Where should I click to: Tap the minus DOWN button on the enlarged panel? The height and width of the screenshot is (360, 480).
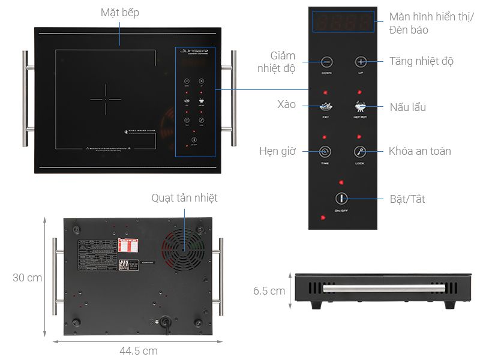tap(326, 61)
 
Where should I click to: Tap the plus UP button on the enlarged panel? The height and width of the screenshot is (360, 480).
tap(360, 61)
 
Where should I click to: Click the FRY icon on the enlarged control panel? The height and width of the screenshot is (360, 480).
tap(326, 107)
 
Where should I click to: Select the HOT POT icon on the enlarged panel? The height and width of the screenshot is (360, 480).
tap(360, 107)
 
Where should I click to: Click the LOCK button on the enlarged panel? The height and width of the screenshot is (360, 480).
tap(359, 152)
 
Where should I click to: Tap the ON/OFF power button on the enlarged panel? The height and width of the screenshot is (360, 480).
tap(341, 199)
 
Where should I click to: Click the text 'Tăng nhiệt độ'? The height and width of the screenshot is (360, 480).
tap(421, 61)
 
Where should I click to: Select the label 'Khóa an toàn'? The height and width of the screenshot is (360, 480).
tap(419, 151)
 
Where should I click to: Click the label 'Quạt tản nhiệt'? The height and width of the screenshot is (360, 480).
tap(184, 198)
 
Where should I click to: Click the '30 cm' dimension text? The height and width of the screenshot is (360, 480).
tap(28, 278)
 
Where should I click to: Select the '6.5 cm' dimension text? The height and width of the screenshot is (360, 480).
tap(269, 291)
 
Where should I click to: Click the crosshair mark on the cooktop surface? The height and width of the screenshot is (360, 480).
tap(106, 100)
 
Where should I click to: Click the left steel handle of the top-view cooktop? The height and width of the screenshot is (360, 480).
tap(25, 99)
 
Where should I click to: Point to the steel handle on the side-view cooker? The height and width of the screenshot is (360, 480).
tap(359, 289)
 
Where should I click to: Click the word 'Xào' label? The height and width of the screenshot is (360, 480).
tap(287, 104)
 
